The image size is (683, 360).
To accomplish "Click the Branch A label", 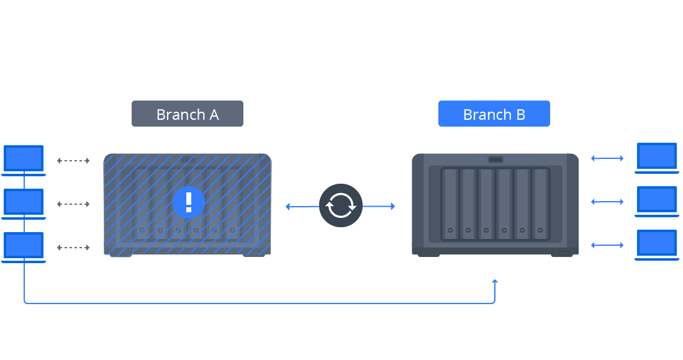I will [x=187, y=114].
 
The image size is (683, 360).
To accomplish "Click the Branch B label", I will [x=494, y=114].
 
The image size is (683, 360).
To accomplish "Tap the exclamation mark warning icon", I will [x=189, y=202].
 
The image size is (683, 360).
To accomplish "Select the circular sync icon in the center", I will [x=341, y=205].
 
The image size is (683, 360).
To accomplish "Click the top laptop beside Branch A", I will [x=24, y=159].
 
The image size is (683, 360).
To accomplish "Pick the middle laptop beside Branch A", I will [x=24, y=202].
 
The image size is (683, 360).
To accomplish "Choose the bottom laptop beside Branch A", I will [x=24, y=246].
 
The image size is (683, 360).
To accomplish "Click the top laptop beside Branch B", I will [x=657, y=156].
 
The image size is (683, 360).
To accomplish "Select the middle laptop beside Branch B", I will [x=657, y=200].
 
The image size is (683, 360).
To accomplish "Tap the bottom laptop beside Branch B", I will [x=657, y=244].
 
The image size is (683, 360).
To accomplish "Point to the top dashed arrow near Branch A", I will [x=73, y=161].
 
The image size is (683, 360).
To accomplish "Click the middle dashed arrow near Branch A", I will [x=73, y=204].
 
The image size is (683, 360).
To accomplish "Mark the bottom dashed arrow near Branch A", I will [x=73, y=247].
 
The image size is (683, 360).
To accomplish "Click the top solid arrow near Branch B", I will [x=607, y=159].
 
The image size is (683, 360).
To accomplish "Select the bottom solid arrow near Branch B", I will [x=607, y=246].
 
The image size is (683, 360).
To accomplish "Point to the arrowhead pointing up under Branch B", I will [x=495, y=282].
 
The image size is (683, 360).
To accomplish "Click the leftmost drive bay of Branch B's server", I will [x=450, y=204].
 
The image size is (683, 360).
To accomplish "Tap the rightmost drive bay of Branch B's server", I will [x=540, y=204].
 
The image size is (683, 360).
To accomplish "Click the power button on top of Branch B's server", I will [x=495, y=160].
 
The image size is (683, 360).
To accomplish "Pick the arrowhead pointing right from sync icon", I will [x=392, y=206].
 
